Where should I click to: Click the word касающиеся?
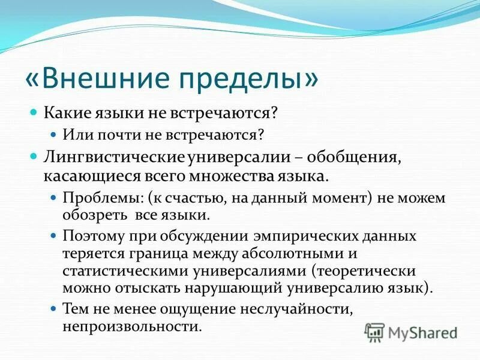(x=79, y=176)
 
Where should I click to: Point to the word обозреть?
(x=89, y=214)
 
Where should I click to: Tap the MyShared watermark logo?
(x=410, y=332)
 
